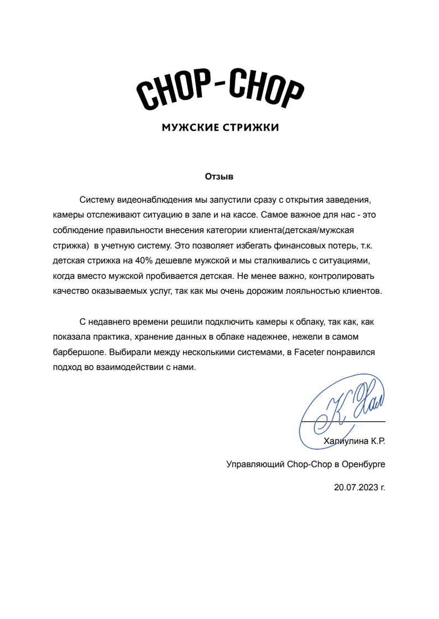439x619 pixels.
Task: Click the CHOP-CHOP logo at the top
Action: [x=220, y=89]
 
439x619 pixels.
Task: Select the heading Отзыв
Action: [x=219, y=177]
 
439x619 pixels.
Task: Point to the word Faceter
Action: [x=310, y=351]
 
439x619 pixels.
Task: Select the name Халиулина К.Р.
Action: [x=354, y=442]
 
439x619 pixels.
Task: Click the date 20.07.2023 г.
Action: [x=359, y=488]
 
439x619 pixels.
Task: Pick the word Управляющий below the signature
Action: [x=255, y=465]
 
